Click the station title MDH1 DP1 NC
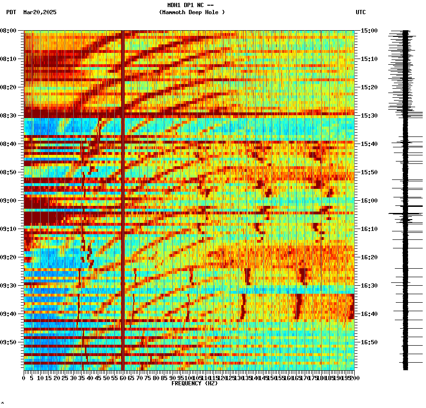point(190,5)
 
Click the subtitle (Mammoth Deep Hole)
point(192,12)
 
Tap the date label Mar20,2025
point(40,12)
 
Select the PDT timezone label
point(11,12)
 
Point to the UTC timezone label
point(361,12)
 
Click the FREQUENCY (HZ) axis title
point(195,383)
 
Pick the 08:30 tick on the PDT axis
point(8,116)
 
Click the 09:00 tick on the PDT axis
point(8,201)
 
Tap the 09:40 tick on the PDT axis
point(8,314)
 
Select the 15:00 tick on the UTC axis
point(369,31)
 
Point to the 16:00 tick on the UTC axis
point(369,201)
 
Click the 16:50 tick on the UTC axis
point(369,342)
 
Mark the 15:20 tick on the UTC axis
point(369,87)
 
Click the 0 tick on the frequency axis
point(24,378)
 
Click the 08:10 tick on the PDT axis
point(8,59)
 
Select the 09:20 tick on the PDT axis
point(8,257)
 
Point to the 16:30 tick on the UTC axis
point(369,286)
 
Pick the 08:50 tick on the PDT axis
point(8,172)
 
